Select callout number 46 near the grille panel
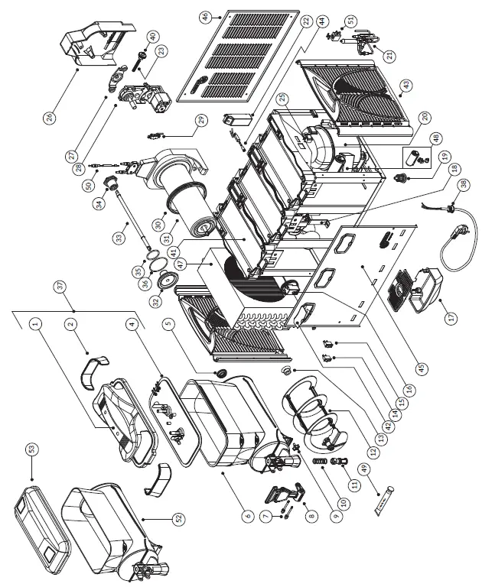pyautogui.click(x=204, y=18)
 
